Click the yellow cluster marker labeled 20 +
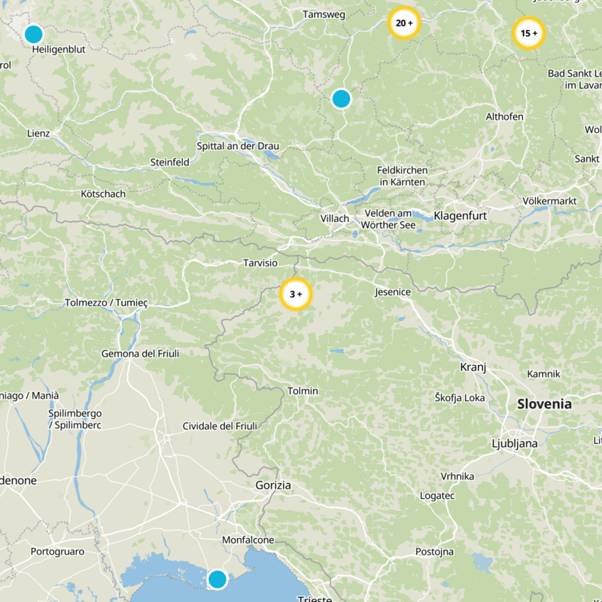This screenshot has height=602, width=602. coord(403,23)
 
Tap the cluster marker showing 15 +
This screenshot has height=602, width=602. coord(528,33)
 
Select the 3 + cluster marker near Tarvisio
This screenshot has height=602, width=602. coord(295,294)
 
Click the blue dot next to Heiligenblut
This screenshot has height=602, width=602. coord(33,35)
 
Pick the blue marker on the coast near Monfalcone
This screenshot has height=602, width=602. coord(217,579)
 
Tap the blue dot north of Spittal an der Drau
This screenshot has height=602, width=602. coord(341,99)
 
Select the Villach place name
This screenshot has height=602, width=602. coord(335,218)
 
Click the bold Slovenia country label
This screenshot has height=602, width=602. coord(544,404)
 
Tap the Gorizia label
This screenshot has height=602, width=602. coord(273,485)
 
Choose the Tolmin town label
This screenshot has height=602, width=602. coord(303,391)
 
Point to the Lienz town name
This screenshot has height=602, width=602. coord(38,133)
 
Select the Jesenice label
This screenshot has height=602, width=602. coord(392,292)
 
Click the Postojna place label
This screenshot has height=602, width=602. coord(435,552)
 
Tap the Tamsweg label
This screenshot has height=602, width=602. coord(323,14)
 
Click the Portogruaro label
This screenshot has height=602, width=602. coord(58,552)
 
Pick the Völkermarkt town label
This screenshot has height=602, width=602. coord(549,201)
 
